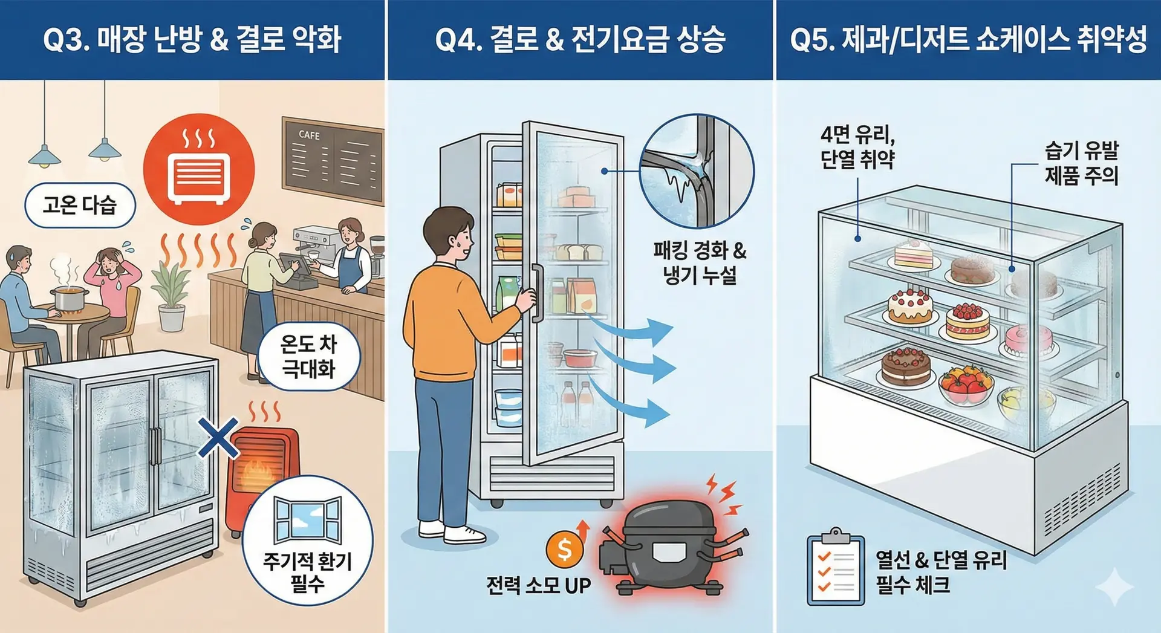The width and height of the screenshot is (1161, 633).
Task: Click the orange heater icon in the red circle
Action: tap(199, 169)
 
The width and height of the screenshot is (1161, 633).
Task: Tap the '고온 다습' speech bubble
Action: tap(79, 206)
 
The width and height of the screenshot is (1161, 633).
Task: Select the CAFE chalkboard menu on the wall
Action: tap(333, 160)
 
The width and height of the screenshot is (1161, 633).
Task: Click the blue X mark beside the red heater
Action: tap(218, 437)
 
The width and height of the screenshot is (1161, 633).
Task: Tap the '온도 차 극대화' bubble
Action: tap(308, 357)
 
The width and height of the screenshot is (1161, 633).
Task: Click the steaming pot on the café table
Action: tap(69, 298)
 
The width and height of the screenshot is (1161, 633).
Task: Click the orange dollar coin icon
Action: tap(564, 549)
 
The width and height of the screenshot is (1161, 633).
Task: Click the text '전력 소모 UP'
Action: tap(538, 585)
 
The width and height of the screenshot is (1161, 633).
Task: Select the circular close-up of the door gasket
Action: tap(697, 171)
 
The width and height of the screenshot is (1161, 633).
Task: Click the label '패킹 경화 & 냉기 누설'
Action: tap(700, 262)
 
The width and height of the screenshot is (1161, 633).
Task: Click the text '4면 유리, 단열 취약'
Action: tap(857, 147)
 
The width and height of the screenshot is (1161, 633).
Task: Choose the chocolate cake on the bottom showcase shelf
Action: tap(905, 366)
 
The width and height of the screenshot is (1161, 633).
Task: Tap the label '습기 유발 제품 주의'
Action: tap(1081, 163)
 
